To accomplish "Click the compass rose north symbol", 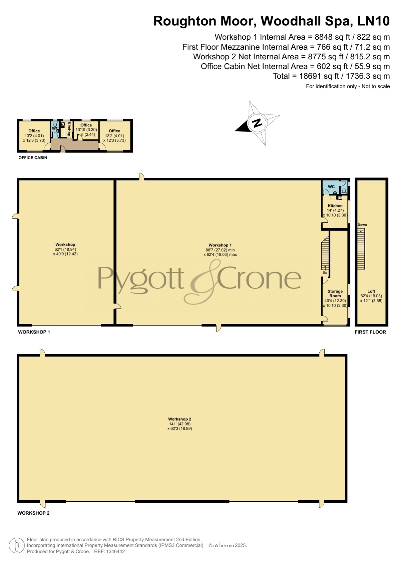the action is coord(257,123).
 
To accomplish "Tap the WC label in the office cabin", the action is coord(55,128).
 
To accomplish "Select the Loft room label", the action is coord(371,291).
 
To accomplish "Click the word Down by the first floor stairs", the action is coord(362,225).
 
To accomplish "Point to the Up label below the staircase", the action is coord(325,273).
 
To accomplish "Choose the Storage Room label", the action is coord(335,293).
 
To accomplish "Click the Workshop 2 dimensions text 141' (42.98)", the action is coord(180,424).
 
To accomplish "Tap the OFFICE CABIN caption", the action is coord(33,158).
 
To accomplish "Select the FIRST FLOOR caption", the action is coord(370,332).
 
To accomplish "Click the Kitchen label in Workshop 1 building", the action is coord(335,206).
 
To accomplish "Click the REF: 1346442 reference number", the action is coord(109,551).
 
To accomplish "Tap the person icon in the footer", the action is coord(17,546).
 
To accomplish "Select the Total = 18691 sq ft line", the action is coord(331,76).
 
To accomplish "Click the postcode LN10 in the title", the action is coord(374,21).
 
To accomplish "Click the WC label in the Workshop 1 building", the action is coord(331,187).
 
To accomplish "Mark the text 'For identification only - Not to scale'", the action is coord(348,86).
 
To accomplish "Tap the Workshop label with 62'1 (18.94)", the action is coord(65,245).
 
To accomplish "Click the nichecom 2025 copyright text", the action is coord(228,545).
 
